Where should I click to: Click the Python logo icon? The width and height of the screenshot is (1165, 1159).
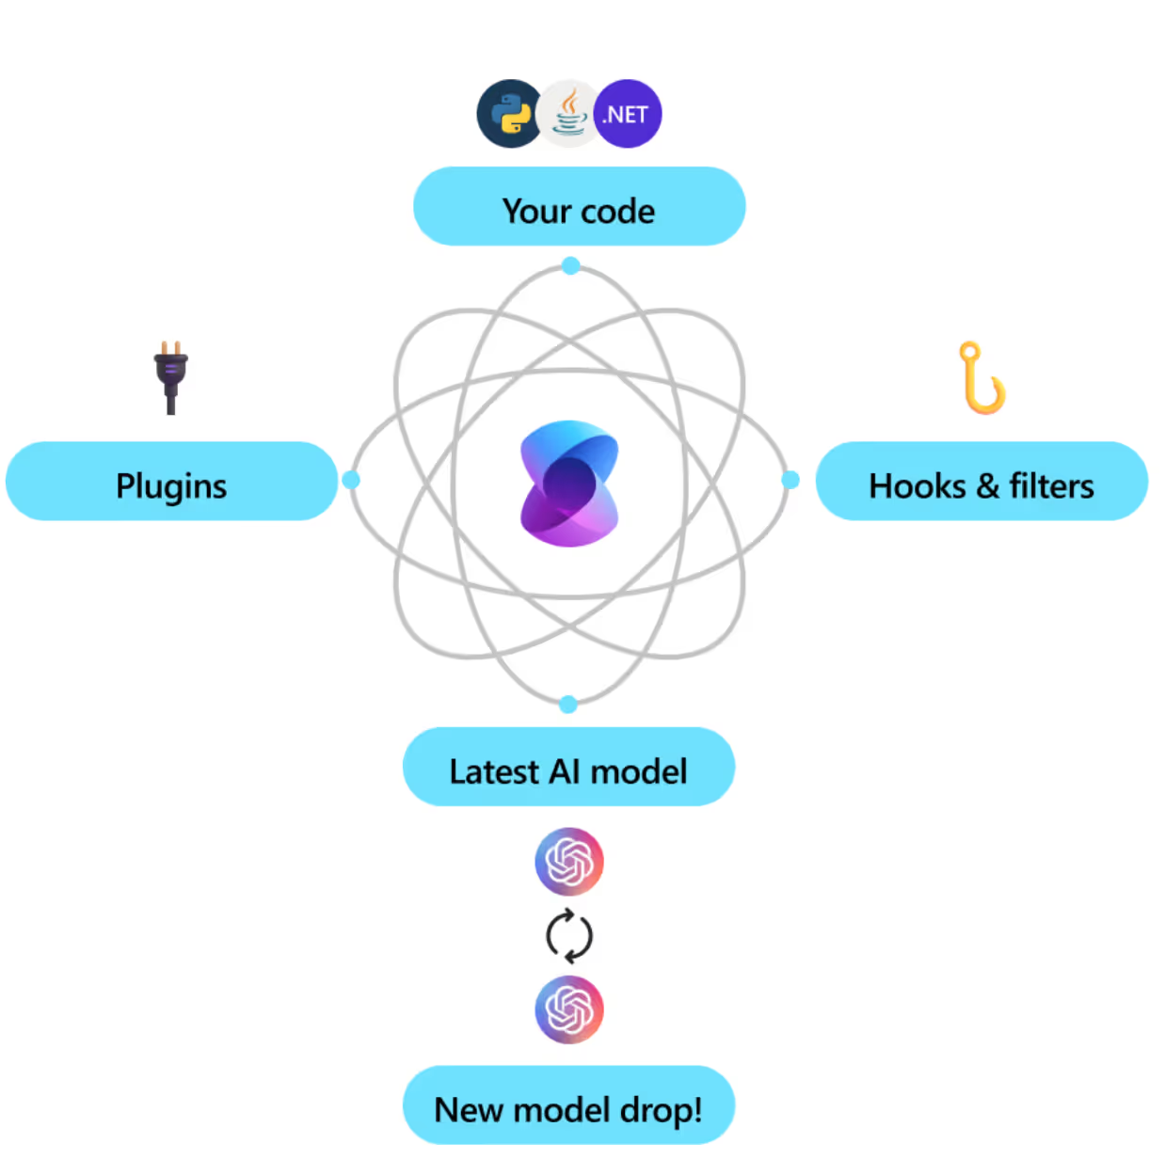tap(509, 114)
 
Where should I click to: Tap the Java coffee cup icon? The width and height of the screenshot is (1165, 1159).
tap(568, 114)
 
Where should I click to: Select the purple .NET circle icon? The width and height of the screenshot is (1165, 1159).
tap(628, 114)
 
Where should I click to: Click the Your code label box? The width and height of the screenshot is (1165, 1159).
tap(579, 207)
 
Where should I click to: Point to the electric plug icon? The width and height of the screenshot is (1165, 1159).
tap(170, 376)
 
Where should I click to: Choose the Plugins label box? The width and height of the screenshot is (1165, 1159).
tap(171, 482)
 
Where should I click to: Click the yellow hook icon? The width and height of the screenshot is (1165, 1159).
tap(981, 378)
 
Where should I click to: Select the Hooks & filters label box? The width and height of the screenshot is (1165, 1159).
tap(981, 482)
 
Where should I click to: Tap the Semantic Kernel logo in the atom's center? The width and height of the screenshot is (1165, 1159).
tap(569, 484)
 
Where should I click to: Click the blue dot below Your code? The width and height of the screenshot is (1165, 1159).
tap(570, 266)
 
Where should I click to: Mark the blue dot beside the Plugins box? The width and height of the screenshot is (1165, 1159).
tap(351, 480)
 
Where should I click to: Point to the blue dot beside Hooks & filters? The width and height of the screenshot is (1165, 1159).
tap(790, 480)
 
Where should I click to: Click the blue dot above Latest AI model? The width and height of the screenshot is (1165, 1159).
tap(567, 704)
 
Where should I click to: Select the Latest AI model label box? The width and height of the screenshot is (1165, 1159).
tap(568, 768)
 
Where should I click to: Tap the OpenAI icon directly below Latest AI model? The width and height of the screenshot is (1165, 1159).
tap(569, 861)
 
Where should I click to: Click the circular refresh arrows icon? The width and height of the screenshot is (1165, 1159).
tap(569, 936)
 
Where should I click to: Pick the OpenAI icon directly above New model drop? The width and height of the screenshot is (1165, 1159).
tap(569, 1009)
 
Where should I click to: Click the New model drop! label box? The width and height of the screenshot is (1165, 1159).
tap(568, 1106)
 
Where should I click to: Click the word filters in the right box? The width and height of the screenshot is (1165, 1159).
tap(1051, 486)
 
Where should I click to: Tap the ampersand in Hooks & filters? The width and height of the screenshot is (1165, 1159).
tap(987, 487)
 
